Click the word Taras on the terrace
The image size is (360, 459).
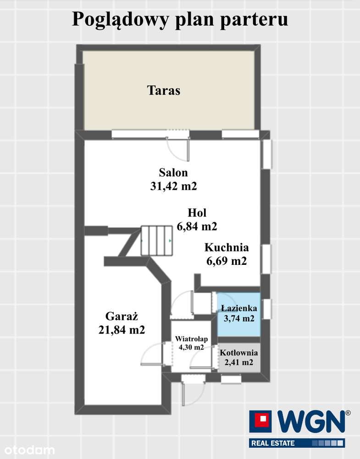click(x=164, y=90)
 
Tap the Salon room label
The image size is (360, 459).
click(x=173, y=173)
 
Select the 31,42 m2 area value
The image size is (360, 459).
click(x=173, y=186)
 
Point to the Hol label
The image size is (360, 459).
click(x=197, y=213)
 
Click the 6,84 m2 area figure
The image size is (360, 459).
click(x=197, y=226)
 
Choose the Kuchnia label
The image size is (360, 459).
click(x=227, y=248)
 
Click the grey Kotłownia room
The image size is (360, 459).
click(x=238, y=358)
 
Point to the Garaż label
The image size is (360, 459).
click(x=122, y=316)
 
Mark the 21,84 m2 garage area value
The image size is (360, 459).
click(x=122, y=330)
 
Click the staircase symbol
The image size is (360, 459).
click(x=156, y=241)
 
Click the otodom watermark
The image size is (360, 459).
click(x=28, y=449)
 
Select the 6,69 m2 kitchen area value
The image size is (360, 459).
click(x=227, y=261)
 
